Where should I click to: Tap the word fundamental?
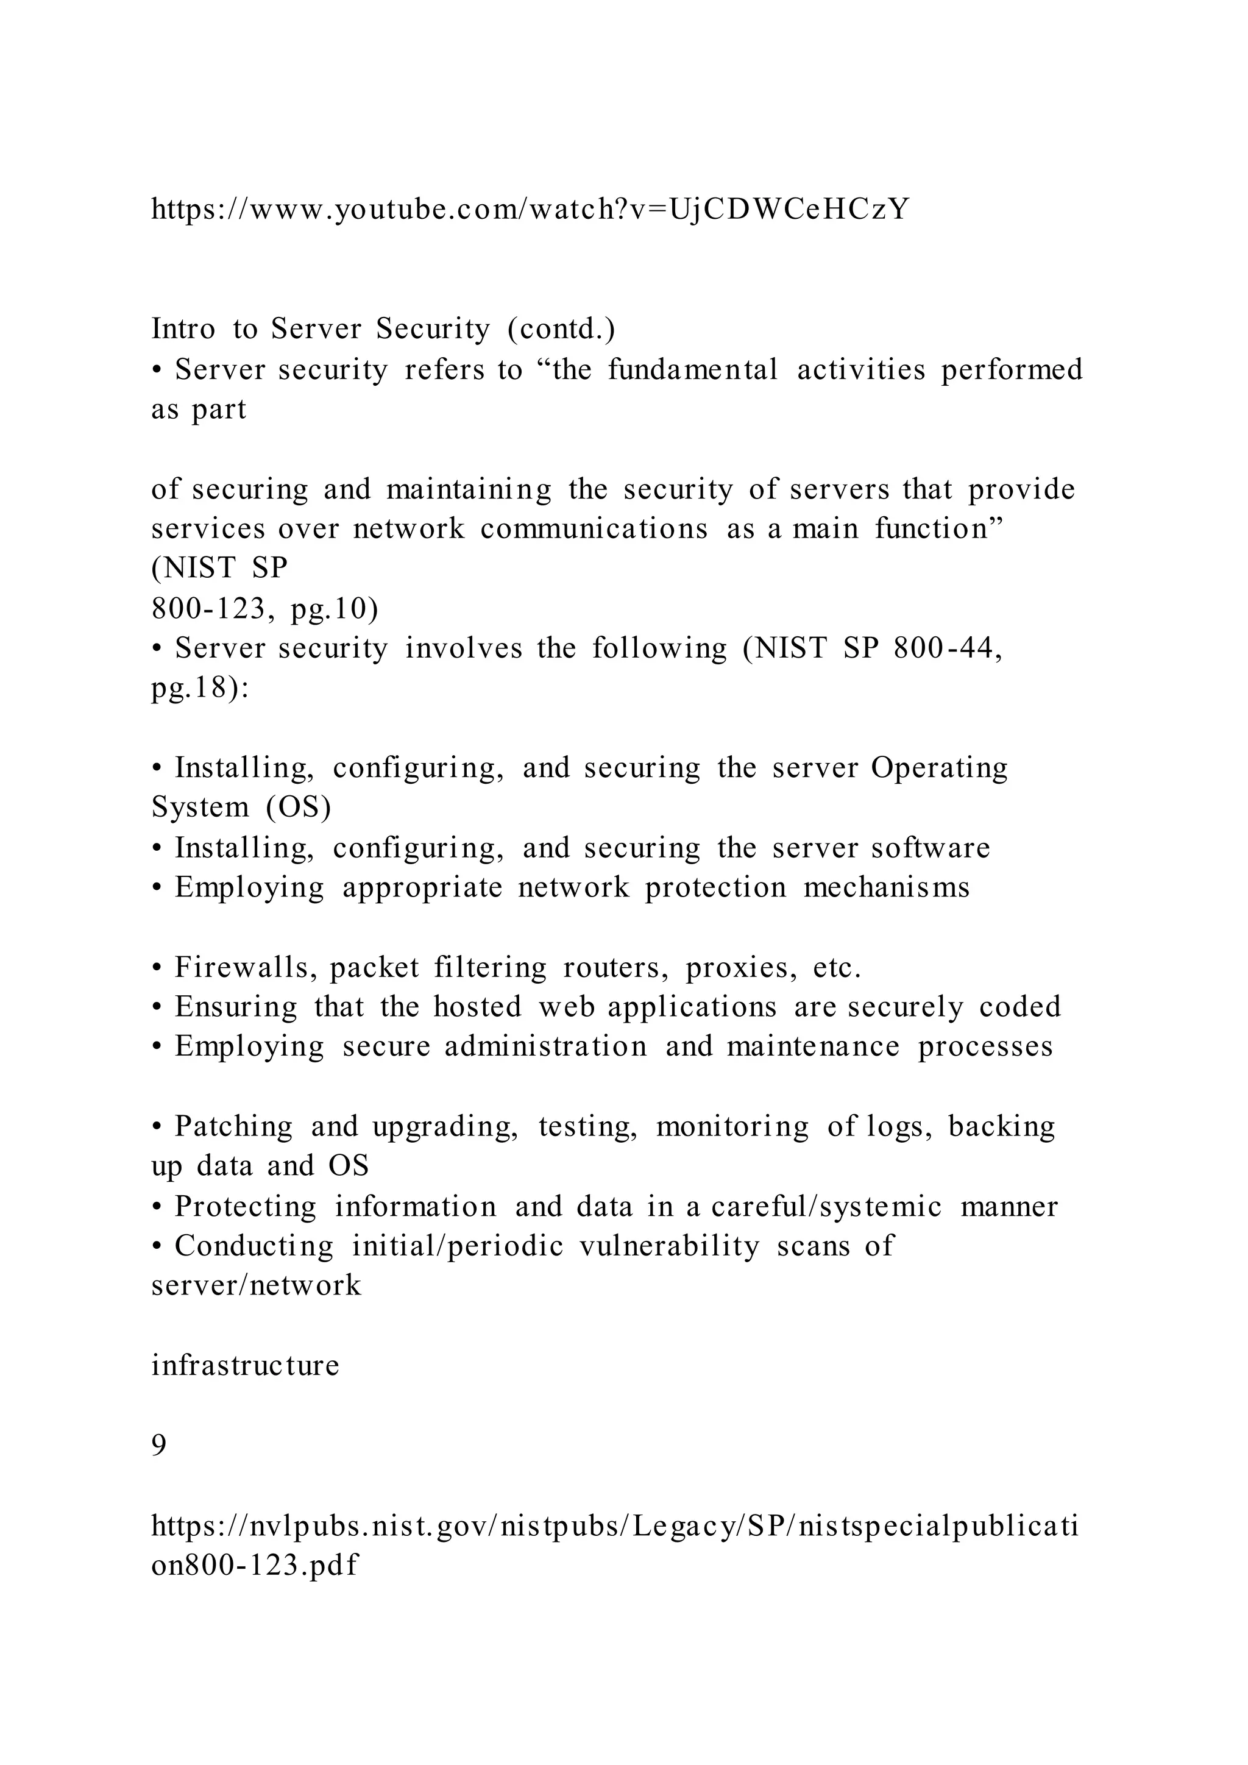click(x=692, y=370)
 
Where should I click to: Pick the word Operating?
click(x=938, y=767)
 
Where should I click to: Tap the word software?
click(x=930, y=847)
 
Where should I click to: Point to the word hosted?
click(x=477, y=1007)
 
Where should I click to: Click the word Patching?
click(x=233, y=1126)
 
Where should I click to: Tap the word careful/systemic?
click(x=826, y=1206)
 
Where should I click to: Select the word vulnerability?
click(x=668, y=1245)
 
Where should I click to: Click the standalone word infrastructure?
click(x=245, y=1365)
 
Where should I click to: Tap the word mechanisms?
click(x=886, y=887)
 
